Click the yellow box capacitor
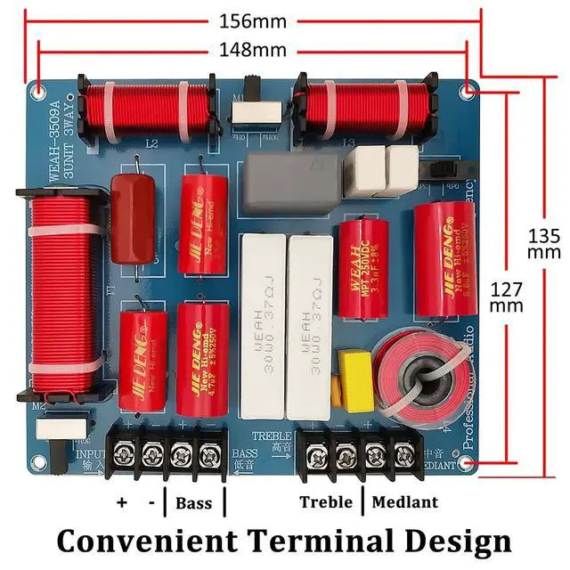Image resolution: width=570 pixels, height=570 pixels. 356,381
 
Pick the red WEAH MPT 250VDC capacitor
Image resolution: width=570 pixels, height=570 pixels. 362,269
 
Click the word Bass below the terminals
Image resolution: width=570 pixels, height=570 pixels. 193,503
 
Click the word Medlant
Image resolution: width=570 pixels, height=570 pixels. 405,502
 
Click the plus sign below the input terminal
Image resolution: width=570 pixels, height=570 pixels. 122,503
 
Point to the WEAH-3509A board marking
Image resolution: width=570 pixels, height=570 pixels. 54,142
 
